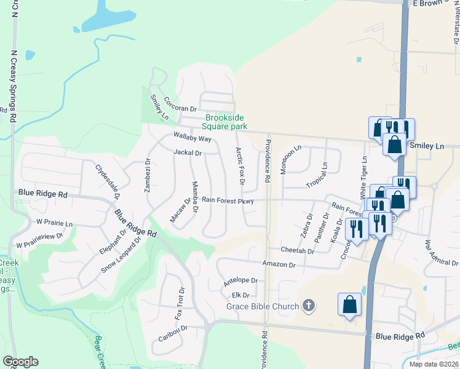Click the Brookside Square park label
tap(226, 122)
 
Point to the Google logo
tap(20, 362)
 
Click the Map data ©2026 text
tap(434, 364)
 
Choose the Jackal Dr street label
tap(188, 153)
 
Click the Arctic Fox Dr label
tap(240, 167)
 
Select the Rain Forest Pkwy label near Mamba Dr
tap(228, 200)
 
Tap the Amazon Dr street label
tap(279, 264)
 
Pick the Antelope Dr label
tap(240, 280)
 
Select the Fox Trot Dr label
tap(178, 303)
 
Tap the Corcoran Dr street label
tap(180, 108)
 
